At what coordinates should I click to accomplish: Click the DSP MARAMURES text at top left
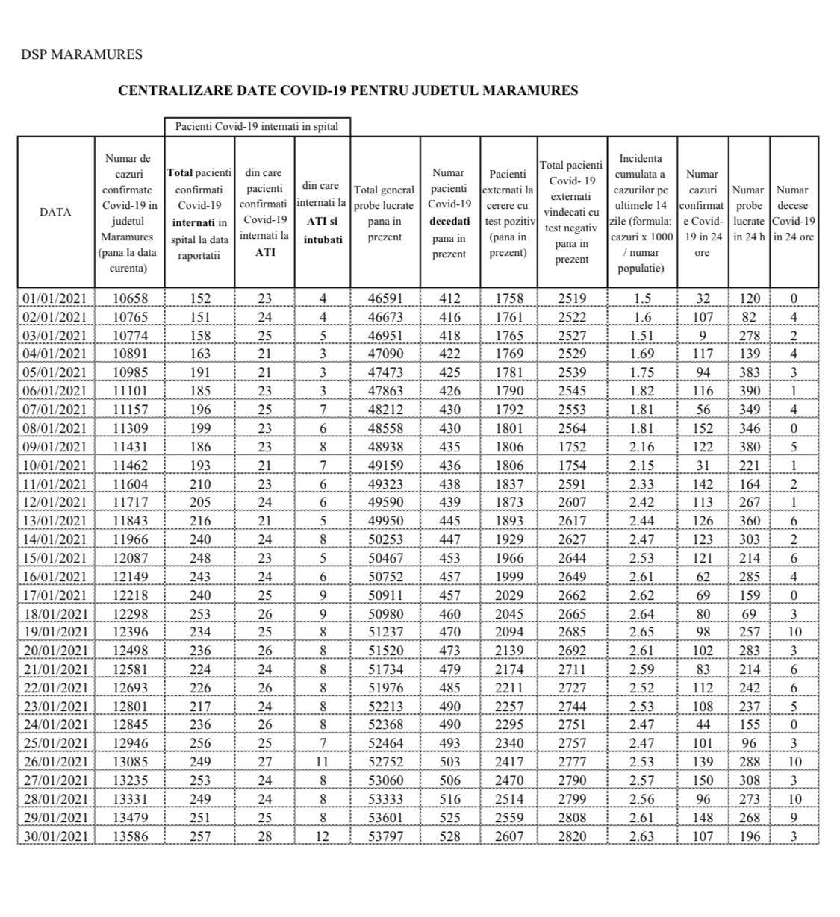click(81, 54)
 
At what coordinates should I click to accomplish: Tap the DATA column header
click(55, 212)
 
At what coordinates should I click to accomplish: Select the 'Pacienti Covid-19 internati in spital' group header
click(256, 126)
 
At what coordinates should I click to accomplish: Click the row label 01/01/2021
click(55, 298)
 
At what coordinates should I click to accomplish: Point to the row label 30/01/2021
click(55, 836)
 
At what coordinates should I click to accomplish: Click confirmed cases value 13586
click(130, 836)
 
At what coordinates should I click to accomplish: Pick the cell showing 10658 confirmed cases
click(130, 298)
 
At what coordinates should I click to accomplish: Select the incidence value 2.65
click(642, 632)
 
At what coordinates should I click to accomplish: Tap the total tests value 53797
click(385, 836)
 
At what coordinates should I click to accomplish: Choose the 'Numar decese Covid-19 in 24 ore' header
click(793, 213)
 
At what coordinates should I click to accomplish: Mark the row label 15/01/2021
click(55, 558)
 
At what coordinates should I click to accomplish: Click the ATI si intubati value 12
click(322, 836)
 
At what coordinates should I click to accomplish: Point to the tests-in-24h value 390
click(749, 391)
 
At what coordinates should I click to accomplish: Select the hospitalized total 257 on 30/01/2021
click(199, 836)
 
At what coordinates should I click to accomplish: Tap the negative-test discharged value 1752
click(572, 447)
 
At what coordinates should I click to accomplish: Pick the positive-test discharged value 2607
click(508, 836)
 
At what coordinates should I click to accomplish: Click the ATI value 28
click(264, 836)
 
